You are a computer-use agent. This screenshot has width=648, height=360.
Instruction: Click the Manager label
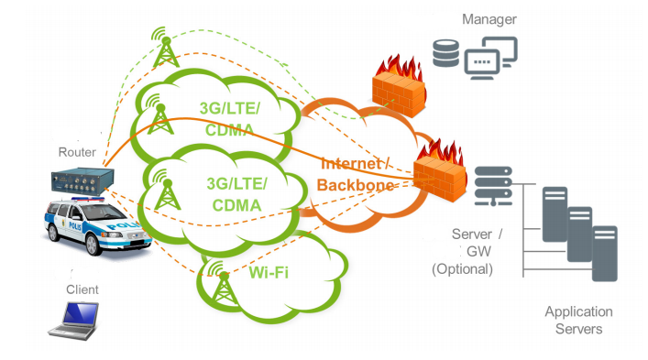(x=489, y=19)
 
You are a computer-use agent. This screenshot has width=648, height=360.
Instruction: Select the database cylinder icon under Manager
(x=445, y=53)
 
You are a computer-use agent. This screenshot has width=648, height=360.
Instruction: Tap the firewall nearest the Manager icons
(x=399, y=87)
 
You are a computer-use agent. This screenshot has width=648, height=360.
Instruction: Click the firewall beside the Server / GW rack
(x=441, y=171)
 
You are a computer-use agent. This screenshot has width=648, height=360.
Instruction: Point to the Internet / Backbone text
(x=355, y=174)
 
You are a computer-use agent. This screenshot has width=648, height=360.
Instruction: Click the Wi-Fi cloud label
(x=269, y=272)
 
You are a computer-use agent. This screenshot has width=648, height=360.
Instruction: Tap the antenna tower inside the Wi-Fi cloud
(x=223, y=283)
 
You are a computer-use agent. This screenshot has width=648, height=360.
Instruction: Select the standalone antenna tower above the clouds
(x=165, y=47)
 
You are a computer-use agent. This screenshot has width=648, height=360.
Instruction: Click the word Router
(x=77, y=152)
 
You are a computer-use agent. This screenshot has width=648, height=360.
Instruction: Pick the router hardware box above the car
(x=82, y=180)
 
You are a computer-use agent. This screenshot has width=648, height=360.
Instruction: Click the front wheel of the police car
(x=93, y=245)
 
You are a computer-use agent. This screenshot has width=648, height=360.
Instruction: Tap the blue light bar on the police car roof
(x=88, y=200)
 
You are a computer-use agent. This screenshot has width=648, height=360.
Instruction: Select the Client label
(x=82, y=289)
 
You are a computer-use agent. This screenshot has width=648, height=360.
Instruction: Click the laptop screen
(x=81, y=314)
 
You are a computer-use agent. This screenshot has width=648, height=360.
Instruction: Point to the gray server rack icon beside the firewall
(x=493, y=186)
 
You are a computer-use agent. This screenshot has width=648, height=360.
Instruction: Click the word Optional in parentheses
(x=463, y=269)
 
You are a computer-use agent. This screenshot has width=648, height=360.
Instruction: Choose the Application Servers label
(x=578, y=321)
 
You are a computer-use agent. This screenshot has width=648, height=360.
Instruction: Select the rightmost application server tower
(x=605, y=254)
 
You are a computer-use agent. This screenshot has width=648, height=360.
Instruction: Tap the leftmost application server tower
(x=555, y=214)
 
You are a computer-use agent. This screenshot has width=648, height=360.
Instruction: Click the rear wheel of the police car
(x=52, y=233)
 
